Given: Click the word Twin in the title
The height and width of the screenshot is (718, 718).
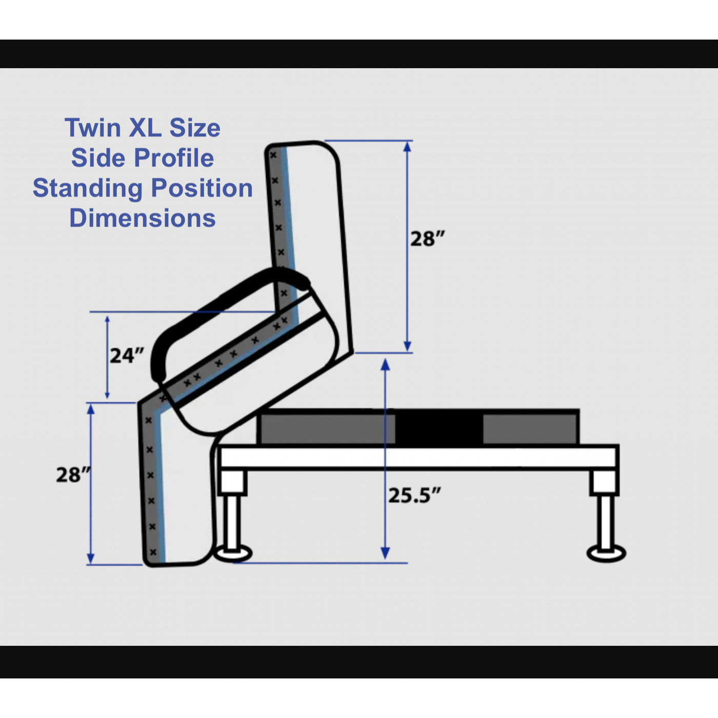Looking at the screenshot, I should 93,128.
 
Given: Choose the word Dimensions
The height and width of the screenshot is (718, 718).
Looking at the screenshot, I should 142,218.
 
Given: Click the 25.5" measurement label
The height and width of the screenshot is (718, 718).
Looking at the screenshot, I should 414,495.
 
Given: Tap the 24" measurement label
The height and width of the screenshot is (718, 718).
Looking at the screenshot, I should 126,355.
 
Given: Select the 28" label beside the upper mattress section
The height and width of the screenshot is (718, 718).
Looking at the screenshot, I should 427,239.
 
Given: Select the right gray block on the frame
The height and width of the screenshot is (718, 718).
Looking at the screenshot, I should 530,428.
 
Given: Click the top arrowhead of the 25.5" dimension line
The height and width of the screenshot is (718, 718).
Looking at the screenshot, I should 385,364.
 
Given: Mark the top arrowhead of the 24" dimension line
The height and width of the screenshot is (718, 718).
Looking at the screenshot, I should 107,319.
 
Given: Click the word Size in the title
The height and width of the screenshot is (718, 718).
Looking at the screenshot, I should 195,128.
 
